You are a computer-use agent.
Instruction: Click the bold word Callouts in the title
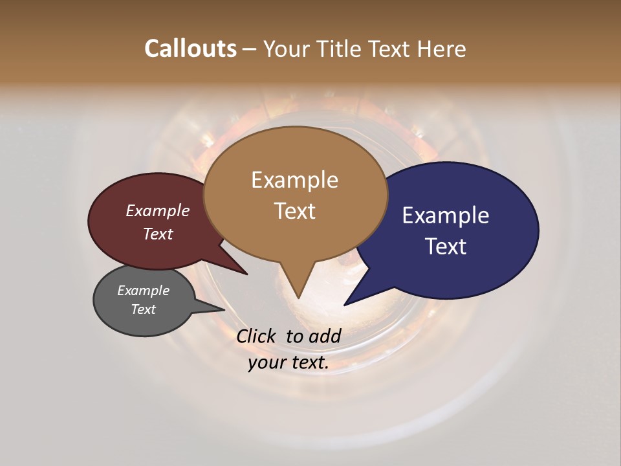click(190, 49)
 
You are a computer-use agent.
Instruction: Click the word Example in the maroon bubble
click(158, 210)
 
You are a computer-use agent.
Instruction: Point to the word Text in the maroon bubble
click(158, 234)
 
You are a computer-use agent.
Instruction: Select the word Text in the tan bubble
click(294, 210)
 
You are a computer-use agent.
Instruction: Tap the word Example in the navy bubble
click(446, 215)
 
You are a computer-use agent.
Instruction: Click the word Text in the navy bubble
click(446, 246)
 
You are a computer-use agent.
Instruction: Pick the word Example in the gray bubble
click(143, 291)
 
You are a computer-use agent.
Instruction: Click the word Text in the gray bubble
click(143, 309)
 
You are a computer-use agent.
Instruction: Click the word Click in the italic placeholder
click(257, 336)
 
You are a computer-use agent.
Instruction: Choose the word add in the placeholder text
click(325, 336)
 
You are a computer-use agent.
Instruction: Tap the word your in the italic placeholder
click(267, 362)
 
